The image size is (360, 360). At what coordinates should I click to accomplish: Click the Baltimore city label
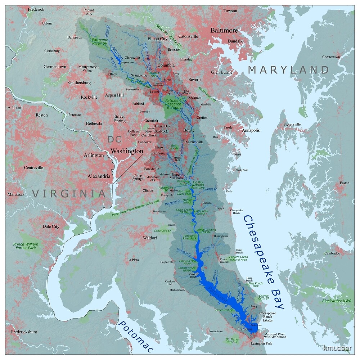tap(224, 30)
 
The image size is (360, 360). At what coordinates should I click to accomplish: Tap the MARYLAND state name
tap(288, 70)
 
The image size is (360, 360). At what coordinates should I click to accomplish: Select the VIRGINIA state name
tap(69, 193)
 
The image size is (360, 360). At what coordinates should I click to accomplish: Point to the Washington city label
tap(127, 151)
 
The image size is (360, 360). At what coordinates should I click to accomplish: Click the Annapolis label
tap(251, 130)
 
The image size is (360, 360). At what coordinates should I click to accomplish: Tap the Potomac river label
tap(136, 336)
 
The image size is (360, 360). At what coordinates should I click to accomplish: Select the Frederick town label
tap(36, 9)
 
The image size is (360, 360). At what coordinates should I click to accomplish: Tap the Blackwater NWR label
tap(337, 301)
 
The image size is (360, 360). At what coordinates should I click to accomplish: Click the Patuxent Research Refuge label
tap(173, 104)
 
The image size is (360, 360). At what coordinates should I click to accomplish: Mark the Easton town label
tap(345, 183)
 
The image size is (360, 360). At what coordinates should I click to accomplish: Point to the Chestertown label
tap(331, 57)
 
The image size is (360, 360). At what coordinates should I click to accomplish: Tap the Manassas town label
tap(15, 194)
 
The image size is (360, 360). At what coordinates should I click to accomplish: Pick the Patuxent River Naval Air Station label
tap(275, 336)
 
